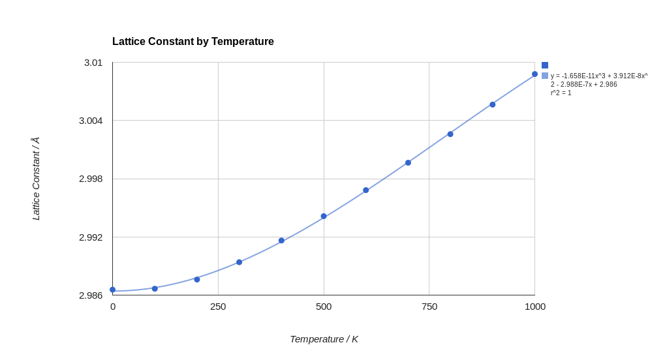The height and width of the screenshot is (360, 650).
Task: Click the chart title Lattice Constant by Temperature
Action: tap(193, 42)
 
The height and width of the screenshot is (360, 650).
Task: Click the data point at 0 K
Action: tap(112, 290)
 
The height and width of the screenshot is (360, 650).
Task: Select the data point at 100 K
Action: tap(155, 288)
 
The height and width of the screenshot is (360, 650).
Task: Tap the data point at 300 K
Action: tap(239, 262)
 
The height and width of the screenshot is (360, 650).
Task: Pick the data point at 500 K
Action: tap(324, 216)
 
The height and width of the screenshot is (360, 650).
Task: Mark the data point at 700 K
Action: tap(408, 163)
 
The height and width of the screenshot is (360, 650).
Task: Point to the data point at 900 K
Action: tap(493, 104)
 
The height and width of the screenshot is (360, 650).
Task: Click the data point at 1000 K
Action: tap(534, 74)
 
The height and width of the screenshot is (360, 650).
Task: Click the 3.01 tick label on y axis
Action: tap(93, 63)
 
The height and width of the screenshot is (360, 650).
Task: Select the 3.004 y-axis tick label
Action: tap(91, 121)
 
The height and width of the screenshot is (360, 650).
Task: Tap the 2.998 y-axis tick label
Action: tap(91, 179)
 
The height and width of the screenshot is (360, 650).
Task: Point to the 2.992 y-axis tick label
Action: tap(91, 237)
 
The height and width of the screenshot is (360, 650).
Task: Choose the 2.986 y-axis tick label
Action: tap(91, 295)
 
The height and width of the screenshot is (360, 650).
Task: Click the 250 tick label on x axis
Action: tap(218, 307)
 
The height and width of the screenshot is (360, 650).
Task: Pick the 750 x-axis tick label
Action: tap(429, 307)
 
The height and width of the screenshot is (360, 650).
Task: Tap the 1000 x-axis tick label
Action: tap(534, 307)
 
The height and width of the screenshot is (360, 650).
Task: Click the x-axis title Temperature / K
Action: tap(324, 339)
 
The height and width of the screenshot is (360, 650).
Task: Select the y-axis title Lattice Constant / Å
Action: tap(36, 179)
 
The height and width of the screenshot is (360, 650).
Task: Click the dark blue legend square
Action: tap(545, 65)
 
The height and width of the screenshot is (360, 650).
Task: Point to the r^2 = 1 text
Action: tap(561, 93)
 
